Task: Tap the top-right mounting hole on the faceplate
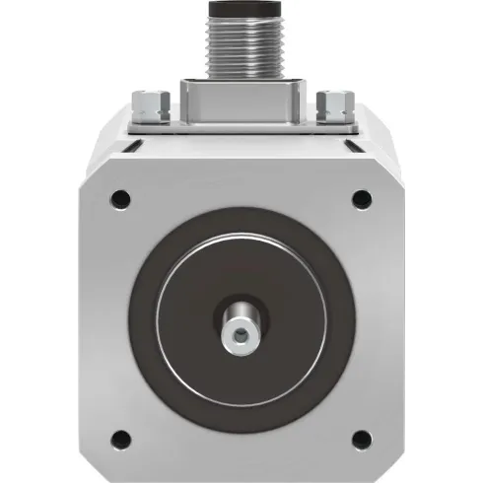[x=362, y=198]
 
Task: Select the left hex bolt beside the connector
[x=148, y=101]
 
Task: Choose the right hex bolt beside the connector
[x=334, y=101]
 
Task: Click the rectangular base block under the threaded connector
[x=241, y=100]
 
